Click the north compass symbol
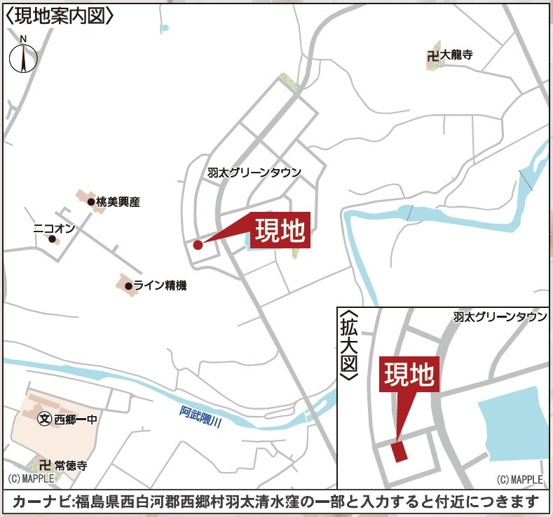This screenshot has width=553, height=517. pos(23,57)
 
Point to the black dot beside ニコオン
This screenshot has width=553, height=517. pos(52,239)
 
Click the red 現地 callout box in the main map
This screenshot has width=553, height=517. pos(279,230)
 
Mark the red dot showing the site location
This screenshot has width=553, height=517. pos(198,245)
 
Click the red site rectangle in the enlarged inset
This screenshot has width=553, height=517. pos(400,451)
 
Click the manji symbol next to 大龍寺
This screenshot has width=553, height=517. pos(432,55)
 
